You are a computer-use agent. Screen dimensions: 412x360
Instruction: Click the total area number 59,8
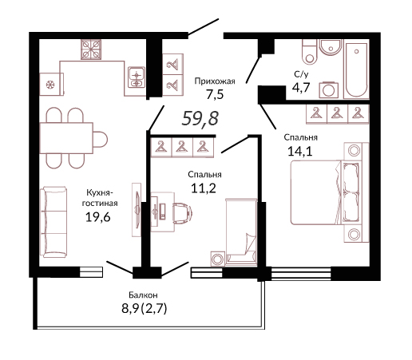pos(200,118)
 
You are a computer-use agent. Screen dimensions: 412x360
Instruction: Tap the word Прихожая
pos(215,81)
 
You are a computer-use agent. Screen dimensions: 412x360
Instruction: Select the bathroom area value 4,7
pos(301,87)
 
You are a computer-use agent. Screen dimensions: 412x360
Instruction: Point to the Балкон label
pos(143,295)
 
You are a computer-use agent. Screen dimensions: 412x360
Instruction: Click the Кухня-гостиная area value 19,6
pos(97,217)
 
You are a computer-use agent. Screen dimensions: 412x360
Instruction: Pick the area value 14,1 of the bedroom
pos(300,151)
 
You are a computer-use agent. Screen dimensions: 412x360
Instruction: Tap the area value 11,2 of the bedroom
pos(204,188)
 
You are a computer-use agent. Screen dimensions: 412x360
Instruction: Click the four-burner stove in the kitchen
pos(91,49)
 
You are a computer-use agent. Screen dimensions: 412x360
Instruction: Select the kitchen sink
pos(137,77)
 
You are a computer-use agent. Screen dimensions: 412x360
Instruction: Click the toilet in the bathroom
pos(310,52)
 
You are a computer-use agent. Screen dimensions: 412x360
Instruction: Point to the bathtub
pos(356,69)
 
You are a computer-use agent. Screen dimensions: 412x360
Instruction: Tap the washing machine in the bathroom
pos(329,90)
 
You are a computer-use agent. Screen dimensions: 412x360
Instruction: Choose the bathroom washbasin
pos(331,47)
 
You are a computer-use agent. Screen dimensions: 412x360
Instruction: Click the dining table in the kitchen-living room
pos(66,138)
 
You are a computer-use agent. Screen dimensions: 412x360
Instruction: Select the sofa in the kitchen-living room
pos(53,222)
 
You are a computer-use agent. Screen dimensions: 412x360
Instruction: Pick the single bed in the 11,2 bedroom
pos(241,232)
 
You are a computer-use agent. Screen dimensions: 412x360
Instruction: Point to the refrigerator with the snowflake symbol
pos(52,84)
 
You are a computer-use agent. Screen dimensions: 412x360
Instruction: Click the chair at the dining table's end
pos(101,139)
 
